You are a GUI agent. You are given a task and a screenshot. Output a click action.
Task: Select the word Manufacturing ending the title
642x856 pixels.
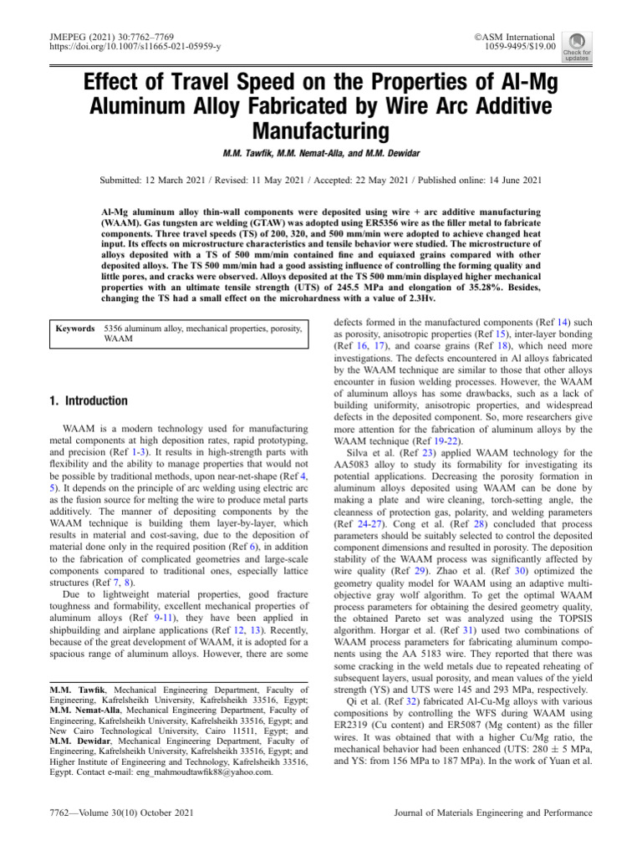(320, 131)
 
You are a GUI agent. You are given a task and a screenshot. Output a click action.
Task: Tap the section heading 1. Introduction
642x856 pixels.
(89, 400)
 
